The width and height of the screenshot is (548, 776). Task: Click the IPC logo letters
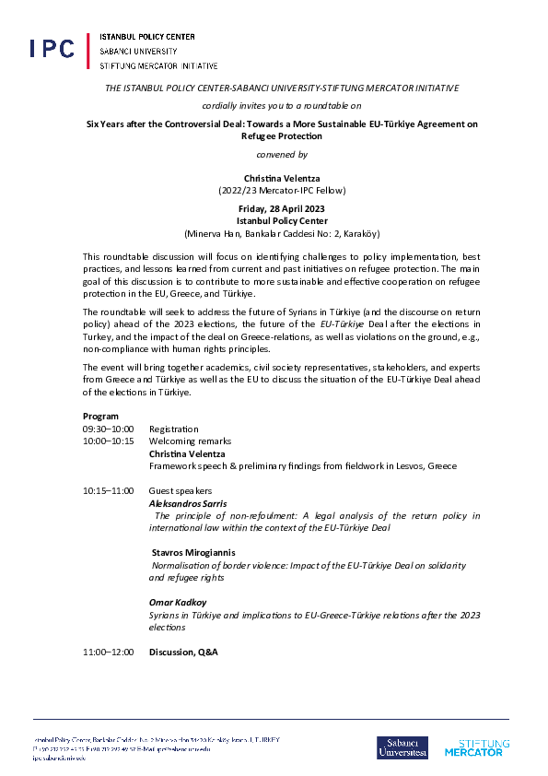point(52,50)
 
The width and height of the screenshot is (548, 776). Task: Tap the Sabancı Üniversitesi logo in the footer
point(402,747)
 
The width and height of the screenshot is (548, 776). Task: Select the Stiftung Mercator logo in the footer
point(480,747)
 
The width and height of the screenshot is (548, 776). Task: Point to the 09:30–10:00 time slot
point(108,429)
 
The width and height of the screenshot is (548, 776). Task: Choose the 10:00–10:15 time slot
point(108,441)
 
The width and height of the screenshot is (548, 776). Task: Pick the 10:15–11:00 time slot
point(108,490)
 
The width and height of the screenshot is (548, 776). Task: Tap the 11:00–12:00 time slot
point(108,652)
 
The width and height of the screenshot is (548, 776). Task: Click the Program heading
point(100,417)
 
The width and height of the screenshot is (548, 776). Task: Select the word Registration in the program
point(173,429)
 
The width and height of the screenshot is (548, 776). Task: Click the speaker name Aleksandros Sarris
point(189,503)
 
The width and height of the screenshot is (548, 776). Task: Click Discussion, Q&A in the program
point(183,652)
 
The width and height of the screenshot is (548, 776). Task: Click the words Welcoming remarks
point(190,441)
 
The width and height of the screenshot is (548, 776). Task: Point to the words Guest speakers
point(181,490)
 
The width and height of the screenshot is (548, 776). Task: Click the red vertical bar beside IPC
point(89,52)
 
